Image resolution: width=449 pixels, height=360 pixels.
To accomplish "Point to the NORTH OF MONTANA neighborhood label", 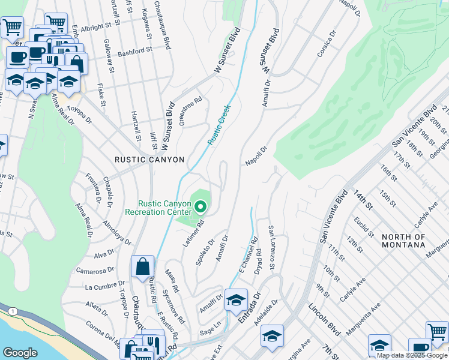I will [x=403, y=241].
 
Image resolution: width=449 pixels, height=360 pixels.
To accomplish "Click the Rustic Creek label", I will [x=219, y=124].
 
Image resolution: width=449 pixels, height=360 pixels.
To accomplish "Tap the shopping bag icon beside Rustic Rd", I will [x=143, y=266].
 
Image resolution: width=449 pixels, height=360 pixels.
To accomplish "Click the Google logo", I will [x=20, y=353].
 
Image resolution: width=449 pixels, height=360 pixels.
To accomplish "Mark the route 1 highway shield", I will [x=13, y=311].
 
